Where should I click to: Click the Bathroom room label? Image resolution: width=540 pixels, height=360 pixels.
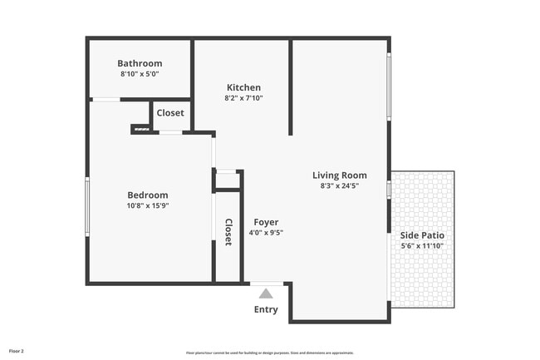(x=140, y=63)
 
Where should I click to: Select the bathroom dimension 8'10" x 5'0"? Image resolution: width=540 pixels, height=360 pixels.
(x=140, y=74)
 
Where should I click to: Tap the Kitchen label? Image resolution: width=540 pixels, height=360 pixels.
(x=243, y=87)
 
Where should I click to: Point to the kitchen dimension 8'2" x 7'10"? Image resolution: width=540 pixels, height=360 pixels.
(x=243, y=98)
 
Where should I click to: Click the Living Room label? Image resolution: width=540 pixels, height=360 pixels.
(x=339, y=175)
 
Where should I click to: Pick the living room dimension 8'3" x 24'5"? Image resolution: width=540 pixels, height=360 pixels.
(x=339, y=186)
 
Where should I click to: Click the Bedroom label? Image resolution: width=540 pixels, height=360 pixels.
(x=148, y=195)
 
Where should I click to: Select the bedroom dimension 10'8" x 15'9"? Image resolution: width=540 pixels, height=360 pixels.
(x=148, y=206)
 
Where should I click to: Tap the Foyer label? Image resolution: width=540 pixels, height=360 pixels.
(x=266, y=222)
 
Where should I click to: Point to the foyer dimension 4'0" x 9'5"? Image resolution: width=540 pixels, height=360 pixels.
(x=266, y=233)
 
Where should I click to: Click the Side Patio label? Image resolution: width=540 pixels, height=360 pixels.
(x=422, y=235)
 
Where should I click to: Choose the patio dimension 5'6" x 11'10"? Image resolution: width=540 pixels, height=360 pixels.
(x=422, y=246)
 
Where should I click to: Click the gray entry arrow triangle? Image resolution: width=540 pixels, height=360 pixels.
(x=266, y=293)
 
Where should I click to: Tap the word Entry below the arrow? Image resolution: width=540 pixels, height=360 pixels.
(x=266, y=310)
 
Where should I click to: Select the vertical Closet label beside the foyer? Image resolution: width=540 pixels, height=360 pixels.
(x=228, y=232)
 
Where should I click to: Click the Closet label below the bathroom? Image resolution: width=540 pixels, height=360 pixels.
(x=170, y=113)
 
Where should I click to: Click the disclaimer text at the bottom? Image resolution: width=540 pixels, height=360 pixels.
(x=270, y=353)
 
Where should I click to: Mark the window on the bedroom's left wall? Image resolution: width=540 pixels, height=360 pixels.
(x=87, y=206)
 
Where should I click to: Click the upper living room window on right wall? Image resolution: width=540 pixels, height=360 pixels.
(x=388, y=86)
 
